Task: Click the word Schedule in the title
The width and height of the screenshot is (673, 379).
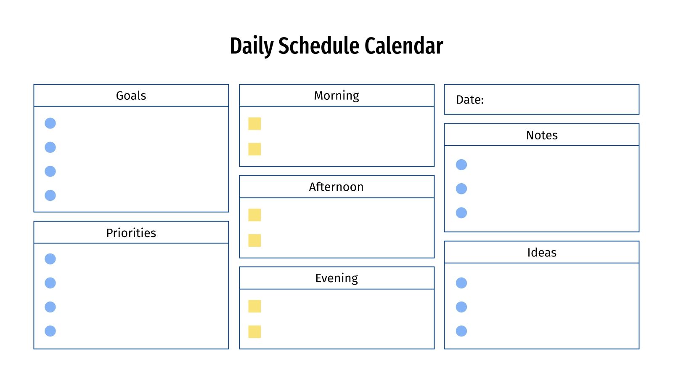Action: pos(319,46)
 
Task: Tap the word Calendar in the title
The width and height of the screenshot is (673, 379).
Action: pos(404,46)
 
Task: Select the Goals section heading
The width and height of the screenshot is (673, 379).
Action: pos(131,96)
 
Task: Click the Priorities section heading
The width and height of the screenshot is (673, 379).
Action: pos(131,233)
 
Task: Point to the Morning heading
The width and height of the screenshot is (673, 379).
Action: pos(336,96)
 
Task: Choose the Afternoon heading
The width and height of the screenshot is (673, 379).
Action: pos(336,187)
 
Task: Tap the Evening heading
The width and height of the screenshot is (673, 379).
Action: pos(336,278)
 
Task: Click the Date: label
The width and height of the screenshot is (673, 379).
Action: pos(470,100)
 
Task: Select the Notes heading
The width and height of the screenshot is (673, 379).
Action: pos(542,135)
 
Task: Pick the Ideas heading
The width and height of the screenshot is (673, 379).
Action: pos(542,253)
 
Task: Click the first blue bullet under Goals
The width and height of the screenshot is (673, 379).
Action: pos(50,123)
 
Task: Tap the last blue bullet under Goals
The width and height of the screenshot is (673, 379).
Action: pos(50,195)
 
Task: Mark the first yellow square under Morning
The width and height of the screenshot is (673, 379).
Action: pos(254,123)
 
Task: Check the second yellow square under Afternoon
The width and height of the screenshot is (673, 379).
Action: pos(254,240)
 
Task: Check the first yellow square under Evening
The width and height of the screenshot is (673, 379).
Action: pos(254,306)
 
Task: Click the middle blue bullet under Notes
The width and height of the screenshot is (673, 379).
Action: pos(461,189)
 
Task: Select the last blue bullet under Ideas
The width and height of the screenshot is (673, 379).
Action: pos(461,331)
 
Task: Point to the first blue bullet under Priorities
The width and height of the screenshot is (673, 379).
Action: pos(50,259)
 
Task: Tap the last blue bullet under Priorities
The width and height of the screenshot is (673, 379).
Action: pos(50,331)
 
